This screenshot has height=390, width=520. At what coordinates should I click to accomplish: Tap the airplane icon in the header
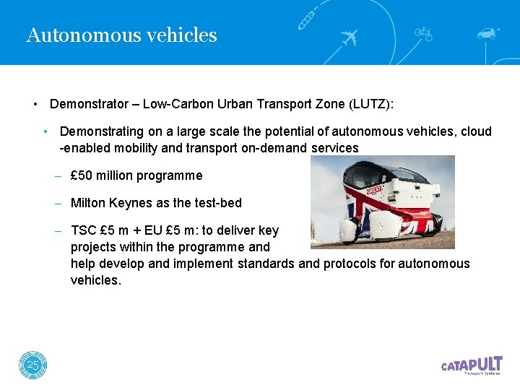coord(350,37)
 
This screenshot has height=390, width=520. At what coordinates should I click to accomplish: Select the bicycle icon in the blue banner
coord(422,32)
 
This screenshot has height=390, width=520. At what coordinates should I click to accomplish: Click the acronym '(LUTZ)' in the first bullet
coord(370,104)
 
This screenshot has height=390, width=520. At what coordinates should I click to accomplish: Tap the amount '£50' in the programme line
coord(87,175)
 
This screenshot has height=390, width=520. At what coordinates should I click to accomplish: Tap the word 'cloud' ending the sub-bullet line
coord(476,131)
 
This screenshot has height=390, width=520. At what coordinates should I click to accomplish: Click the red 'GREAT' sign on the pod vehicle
coord(375,191)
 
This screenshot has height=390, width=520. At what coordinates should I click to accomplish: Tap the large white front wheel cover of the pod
coord(350,230)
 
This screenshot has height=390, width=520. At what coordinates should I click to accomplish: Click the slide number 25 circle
coord(32,366)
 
